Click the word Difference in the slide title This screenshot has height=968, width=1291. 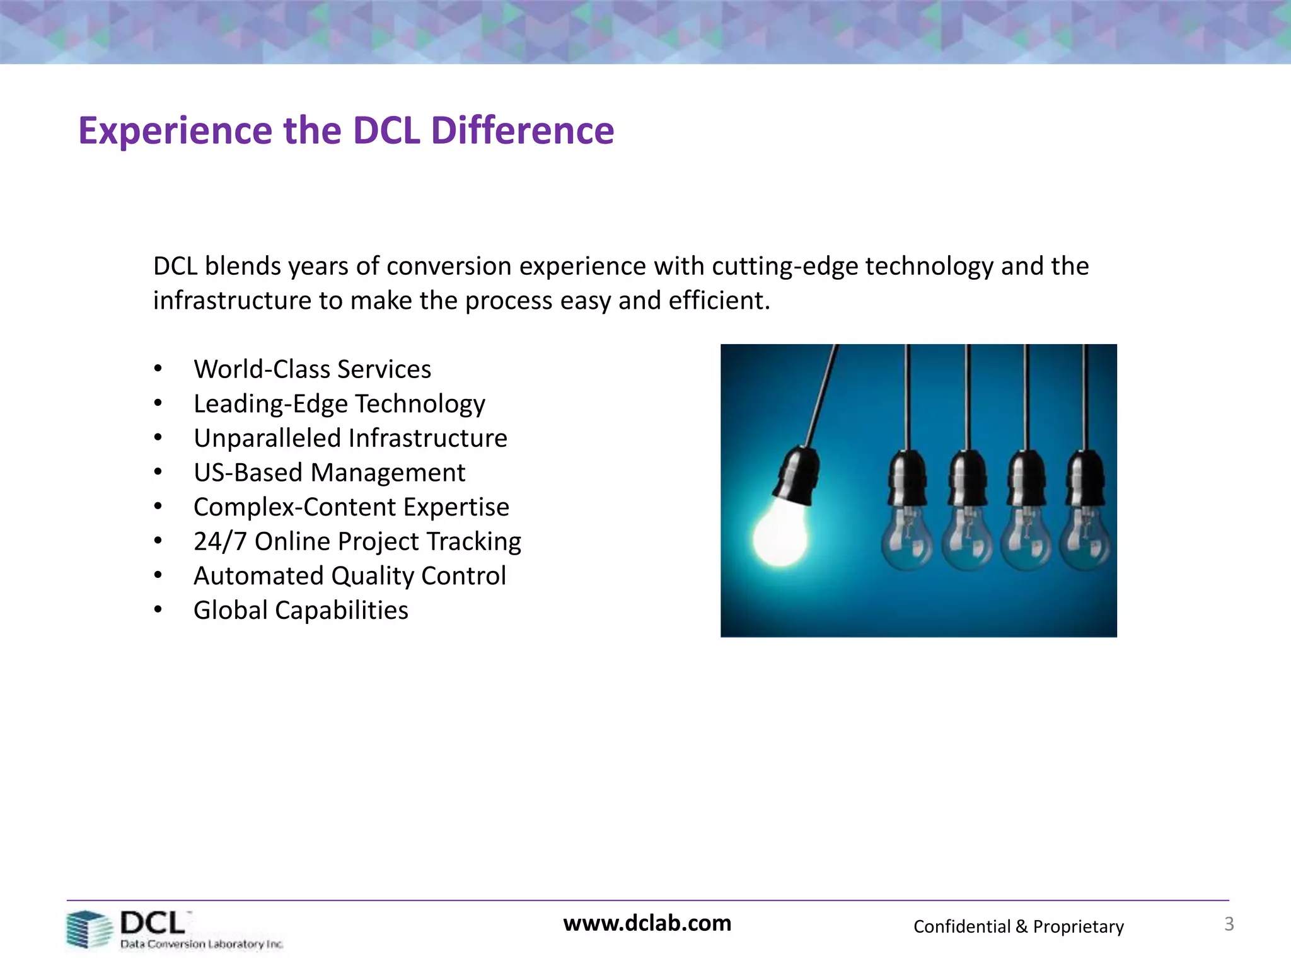point(522,131)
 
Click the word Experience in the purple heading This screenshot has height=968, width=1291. point(175,131)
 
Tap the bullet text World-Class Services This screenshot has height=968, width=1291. point(312,369)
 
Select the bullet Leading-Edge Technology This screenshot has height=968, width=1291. point(339,404)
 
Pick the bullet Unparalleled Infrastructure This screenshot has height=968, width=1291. point(350,439)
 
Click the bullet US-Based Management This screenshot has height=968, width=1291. point(329,473)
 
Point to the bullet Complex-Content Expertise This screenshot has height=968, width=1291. point(351,507)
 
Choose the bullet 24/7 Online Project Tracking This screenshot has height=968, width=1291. point(357,542)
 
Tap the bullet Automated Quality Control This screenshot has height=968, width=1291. point(349,576)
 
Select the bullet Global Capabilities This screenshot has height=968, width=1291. point(301,611)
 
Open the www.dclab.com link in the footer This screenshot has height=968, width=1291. point(647,923)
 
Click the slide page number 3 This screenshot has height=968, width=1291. point(1229,924)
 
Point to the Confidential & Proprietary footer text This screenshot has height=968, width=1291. point(1018,926)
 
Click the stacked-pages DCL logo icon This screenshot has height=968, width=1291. point(88,929)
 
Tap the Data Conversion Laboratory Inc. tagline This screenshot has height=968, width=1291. point(202,944)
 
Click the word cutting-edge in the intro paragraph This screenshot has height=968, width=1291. point(785,267)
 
